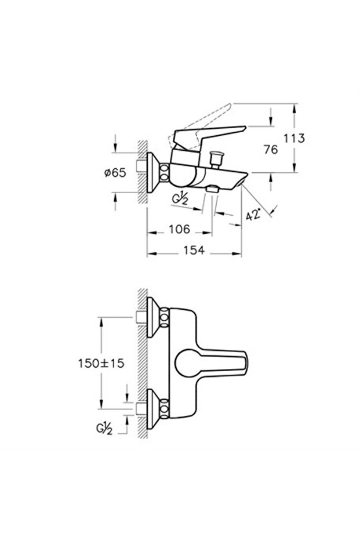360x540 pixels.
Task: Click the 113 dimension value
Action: tap(294, 138)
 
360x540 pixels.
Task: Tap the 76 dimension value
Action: tap(270, 149)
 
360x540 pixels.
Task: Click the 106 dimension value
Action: tap(179, 230)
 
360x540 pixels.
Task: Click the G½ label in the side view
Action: tap(180, 198)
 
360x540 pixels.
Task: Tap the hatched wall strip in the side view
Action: tap(141, 172)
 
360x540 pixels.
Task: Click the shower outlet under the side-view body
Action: tap(213, 189)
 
